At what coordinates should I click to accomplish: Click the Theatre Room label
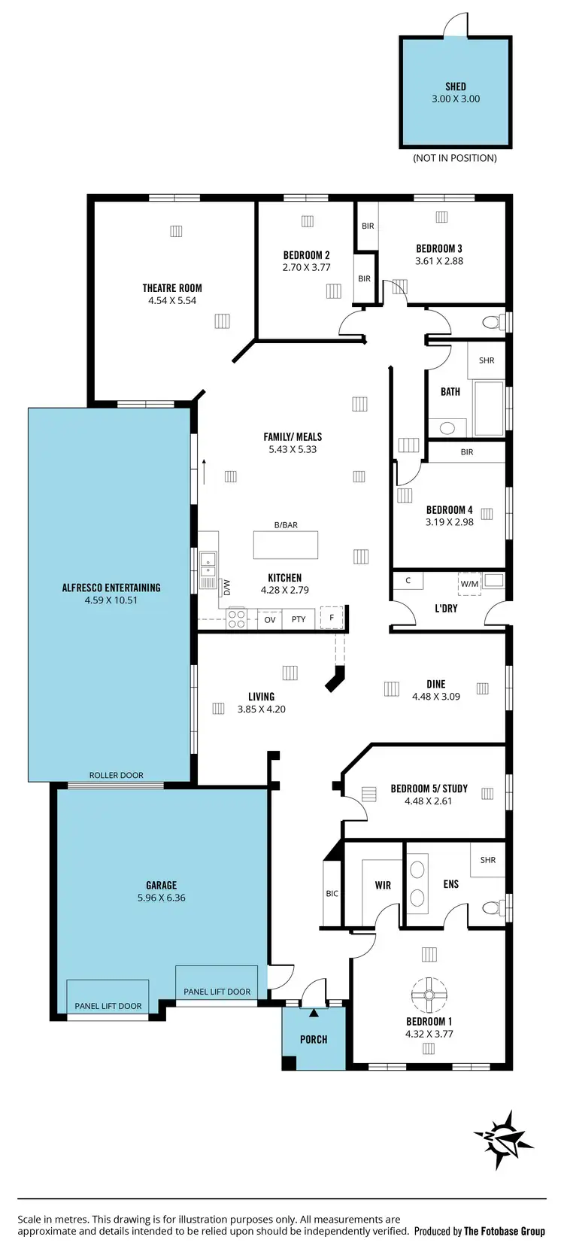click(172, 287)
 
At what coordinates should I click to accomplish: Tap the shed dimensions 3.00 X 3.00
click(456, 99)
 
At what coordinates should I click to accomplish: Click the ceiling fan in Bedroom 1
click(429, 995)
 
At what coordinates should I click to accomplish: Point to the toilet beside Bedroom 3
click(492, 323)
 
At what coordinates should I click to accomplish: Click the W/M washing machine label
click(468, 582)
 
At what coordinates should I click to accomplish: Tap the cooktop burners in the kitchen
click(237, 618)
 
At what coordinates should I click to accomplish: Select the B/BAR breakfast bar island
click(286, 544)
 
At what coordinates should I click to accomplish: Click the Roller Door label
click(116, 775)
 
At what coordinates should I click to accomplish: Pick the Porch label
click(314, 1039)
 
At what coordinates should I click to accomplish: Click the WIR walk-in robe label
click(383, 885)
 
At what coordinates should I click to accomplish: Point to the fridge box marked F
click(331, 617)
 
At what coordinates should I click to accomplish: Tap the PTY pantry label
click(299, 619)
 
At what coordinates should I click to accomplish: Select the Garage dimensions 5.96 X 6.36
click(161, 898)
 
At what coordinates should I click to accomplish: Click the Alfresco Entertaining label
click(111, 588)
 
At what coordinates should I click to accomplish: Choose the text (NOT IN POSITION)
click(455, 158)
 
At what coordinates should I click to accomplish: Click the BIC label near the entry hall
click(332, 894)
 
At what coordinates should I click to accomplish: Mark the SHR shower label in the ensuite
click(488, 860)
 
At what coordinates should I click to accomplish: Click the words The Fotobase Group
click(504, 1232)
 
